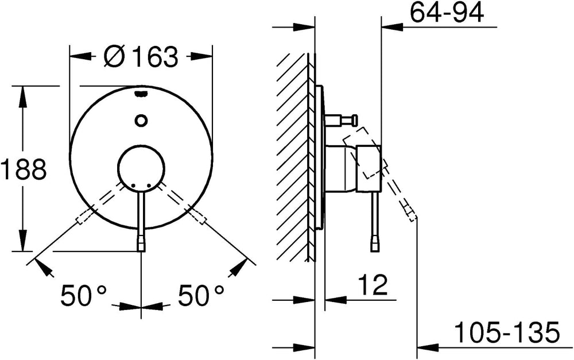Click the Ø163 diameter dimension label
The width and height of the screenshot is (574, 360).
(141, 57)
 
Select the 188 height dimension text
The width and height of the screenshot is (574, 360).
(24, 169)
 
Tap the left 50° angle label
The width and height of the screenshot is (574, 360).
(83, 295)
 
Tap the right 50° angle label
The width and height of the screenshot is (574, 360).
(201, 295)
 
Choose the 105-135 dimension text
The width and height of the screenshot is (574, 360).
(507, 332)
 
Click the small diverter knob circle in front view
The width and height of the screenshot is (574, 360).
(141, 120)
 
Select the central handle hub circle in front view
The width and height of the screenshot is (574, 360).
(141, 168)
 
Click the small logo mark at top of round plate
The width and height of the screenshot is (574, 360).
(141, 94)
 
